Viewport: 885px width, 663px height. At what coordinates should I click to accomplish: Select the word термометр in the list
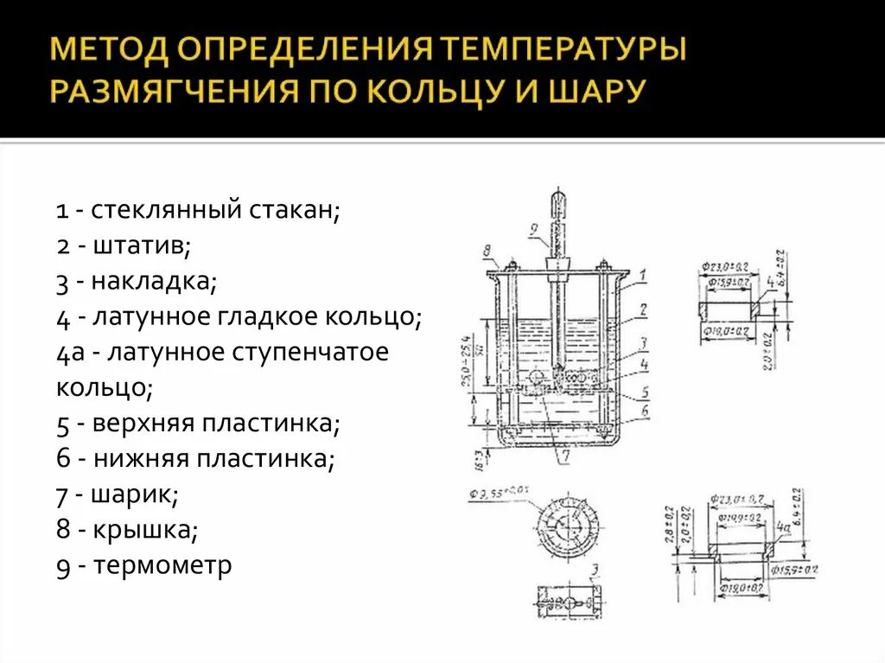coord(163,566)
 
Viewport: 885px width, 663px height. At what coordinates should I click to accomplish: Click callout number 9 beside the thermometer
coord(535,229)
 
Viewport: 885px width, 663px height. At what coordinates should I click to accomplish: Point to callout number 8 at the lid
coord(487,252)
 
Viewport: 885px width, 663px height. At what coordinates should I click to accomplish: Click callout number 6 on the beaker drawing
coord(644,411)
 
